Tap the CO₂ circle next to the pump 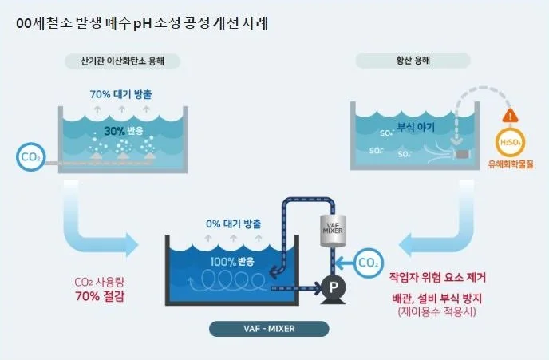(x=369, y=261)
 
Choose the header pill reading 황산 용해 (x=413, y=61)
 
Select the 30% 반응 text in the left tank (x=120, y=131)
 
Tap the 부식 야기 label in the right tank (x=416, y=125)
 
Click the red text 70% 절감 (x=93, y=295)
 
